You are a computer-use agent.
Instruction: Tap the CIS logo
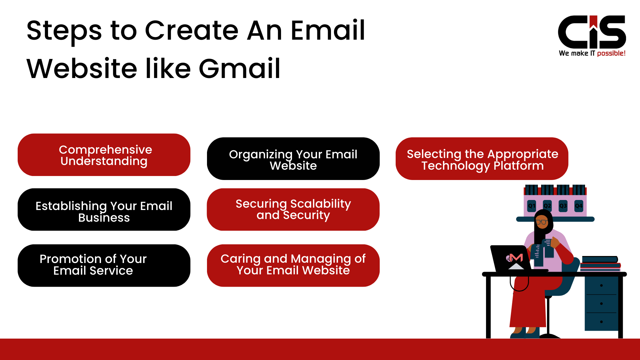coord(592,32)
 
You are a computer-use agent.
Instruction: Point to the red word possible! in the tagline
coord(611,53)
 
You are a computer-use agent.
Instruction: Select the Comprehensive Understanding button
coord(104,155)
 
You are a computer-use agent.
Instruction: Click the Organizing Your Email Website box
coord(293,159)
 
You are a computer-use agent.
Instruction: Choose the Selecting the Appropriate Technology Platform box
coord(482,159)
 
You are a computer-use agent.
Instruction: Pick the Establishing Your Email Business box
coord(104,210)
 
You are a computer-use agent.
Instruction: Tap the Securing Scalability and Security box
coord(293,210)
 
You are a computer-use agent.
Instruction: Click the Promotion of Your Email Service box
coord(104,265)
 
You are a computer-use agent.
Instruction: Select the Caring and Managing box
coord(293,265)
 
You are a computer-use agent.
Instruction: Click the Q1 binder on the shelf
coord(532,206)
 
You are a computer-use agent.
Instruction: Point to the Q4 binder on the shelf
coord(579,206)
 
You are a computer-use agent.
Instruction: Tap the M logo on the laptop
coord(516,258)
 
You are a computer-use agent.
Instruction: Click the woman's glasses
coord(542,222)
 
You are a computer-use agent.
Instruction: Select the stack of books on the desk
coord(600,264)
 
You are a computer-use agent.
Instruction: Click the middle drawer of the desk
coord(601,304)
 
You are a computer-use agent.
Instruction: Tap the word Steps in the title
coord(64,30)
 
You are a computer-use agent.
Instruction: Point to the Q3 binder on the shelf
coord(563,206)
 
